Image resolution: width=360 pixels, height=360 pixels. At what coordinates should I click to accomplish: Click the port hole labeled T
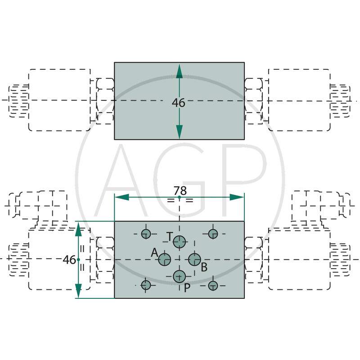coord(180,242)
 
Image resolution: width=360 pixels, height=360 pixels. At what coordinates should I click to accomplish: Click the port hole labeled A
coord(165,259)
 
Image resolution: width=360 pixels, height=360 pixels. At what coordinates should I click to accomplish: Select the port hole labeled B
coord(194,259)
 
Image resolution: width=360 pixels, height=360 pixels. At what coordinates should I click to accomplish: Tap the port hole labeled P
coord(180,276)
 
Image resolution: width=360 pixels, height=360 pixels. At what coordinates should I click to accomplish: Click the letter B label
coord(204,267)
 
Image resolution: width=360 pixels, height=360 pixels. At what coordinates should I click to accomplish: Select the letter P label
coord(187,288)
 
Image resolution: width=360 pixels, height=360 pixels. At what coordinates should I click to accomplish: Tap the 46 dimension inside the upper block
coord(179,103)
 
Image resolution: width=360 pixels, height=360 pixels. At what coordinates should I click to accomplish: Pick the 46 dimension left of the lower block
coord(69,260)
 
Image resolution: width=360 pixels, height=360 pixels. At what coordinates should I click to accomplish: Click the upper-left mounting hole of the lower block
coord(146,233)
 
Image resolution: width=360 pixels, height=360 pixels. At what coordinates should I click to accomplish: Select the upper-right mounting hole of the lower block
coord(213,233)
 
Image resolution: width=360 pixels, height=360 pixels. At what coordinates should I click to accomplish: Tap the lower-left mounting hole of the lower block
coord(146,285)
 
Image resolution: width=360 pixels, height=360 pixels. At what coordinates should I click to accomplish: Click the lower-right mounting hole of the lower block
coord(213,285)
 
